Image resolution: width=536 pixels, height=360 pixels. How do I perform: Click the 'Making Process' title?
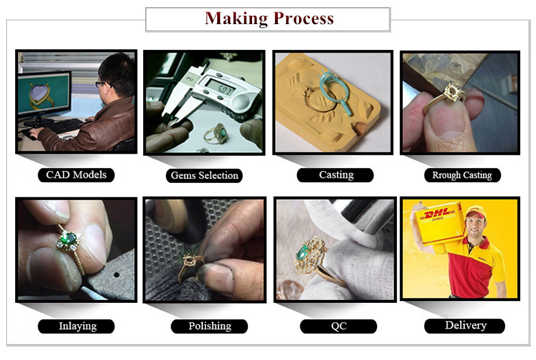(x=269, y=19)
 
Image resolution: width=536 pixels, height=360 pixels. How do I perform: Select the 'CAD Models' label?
(x=76, y=175)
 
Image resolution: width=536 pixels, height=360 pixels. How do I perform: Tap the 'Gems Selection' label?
(x=204, y=176)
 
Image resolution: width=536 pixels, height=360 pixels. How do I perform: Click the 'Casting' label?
(x=336, y=175)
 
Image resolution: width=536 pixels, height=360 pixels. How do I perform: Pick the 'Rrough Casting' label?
(x=462, y=175)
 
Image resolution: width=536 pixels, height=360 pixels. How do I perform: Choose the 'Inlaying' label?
(x=77, y=326)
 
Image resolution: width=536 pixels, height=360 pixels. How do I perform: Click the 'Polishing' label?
(x=210, y=326)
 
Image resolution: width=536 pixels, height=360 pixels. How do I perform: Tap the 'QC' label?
(x=339, y=326)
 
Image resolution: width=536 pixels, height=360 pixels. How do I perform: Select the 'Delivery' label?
(x=466, y=325)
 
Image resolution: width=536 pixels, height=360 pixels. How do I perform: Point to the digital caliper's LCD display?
(x=221, y=87)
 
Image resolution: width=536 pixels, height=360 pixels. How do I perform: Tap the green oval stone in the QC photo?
(x=302, y=253)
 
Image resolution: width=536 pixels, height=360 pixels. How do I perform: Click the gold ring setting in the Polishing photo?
(x=190, y=267)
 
